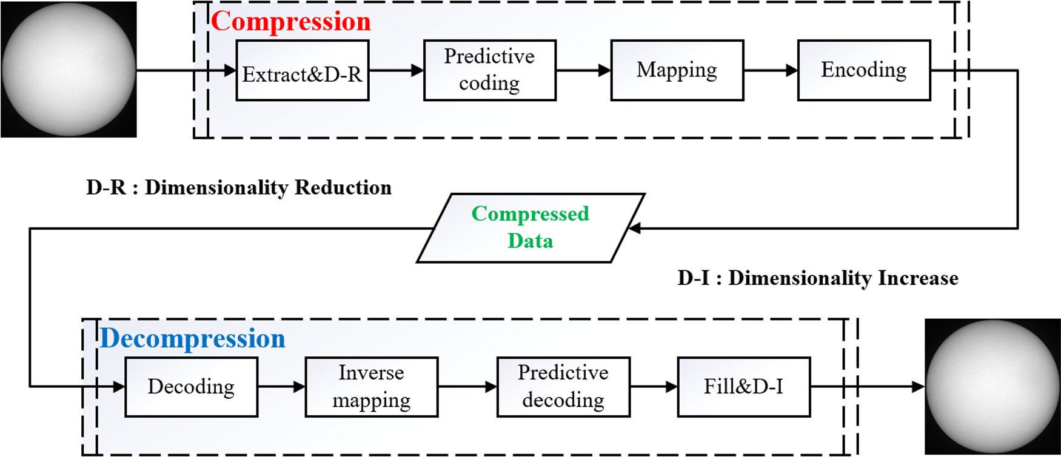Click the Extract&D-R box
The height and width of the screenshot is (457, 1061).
[302, 70]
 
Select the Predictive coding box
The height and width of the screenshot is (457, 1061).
[489, 70]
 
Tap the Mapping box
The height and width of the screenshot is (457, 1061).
[677, 70]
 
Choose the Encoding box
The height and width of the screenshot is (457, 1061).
[863, 70]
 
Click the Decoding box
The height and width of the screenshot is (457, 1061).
[191, 387]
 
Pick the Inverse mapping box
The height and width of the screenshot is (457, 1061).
[371, 387]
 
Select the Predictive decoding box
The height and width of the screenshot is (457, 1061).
[563, 387]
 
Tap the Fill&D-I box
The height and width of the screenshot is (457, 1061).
[743, 387]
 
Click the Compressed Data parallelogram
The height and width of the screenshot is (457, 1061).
[530, 228]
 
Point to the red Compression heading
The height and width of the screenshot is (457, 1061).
[291, 22]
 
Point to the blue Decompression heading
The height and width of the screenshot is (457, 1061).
[192, 338]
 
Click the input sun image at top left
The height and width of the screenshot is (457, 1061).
[69, 69]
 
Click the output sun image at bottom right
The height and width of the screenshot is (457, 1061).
[992, 387]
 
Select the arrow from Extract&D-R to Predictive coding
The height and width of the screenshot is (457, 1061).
[396, 70]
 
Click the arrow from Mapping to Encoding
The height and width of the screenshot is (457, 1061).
[770, 70]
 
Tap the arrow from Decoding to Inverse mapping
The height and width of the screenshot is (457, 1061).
[281, 387]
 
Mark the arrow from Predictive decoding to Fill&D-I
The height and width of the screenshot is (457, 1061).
[654, 387]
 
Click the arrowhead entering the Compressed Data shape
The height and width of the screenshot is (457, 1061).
[634, 228]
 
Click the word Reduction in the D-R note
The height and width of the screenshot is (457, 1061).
[343, 188]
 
